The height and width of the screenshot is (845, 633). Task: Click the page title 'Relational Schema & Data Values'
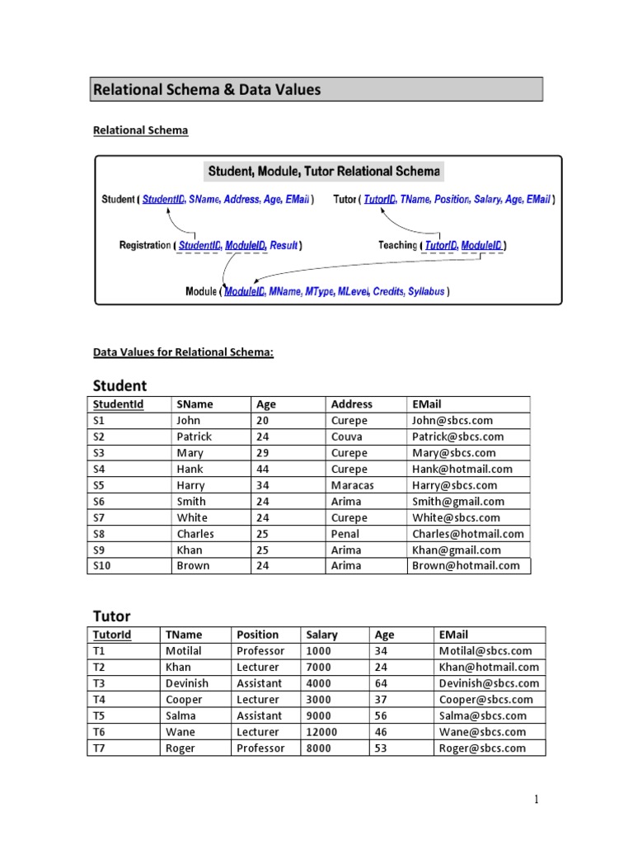[207, 90]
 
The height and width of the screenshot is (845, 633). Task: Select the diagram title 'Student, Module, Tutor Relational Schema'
[323, 172]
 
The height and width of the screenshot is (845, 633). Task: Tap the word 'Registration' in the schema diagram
[144, 245]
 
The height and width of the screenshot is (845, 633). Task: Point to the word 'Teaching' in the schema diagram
[397, 245]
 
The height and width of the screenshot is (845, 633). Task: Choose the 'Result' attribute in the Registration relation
[284, 245]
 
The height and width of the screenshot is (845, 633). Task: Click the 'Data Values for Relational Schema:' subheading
[183, 352]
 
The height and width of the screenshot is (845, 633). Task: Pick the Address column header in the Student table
[351, 404]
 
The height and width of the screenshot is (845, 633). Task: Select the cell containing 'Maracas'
[352, 485]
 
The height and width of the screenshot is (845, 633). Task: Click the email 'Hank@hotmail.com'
[462, 469]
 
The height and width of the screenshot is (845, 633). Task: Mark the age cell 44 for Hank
[265, 469]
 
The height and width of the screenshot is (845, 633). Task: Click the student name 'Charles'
[195, 534]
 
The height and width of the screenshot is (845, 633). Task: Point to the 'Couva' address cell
[347, 437]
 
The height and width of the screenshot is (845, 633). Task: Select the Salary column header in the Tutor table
[321, 635]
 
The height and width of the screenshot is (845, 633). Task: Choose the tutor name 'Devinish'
[187, 683]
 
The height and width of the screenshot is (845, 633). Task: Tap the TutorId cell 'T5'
[100, 715]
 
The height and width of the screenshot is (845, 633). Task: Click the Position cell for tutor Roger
[260, 748]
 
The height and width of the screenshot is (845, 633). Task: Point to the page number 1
[536, 799]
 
